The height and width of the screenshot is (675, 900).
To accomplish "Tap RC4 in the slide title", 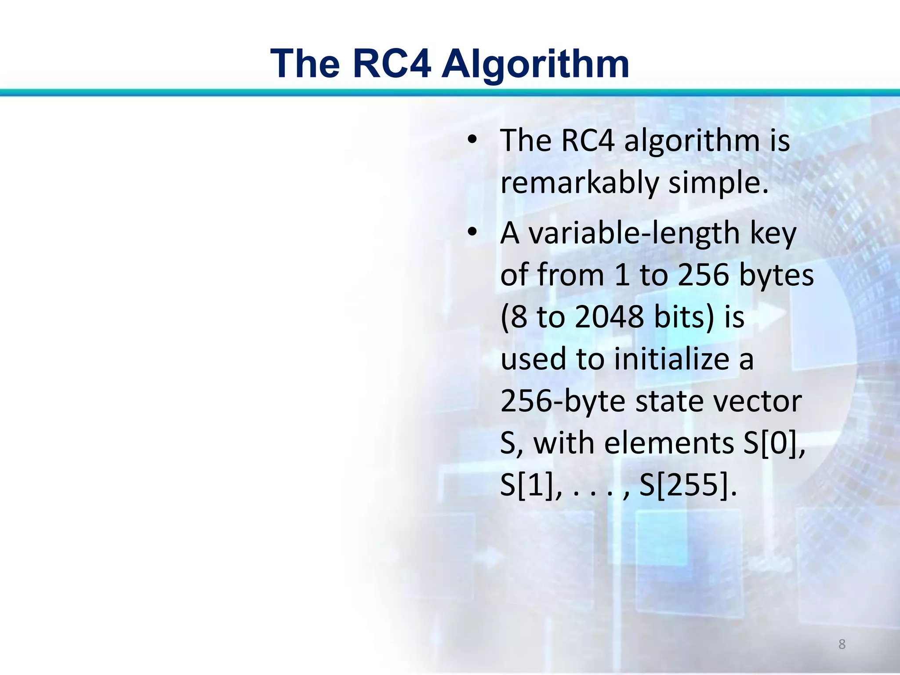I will pyautogui.click(x=392, y=64).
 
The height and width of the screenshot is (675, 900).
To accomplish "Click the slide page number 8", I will pyautogui.click(x=842, y=644).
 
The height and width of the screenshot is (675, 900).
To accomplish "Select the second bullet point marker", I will pyautogui.click(x=472, y=232).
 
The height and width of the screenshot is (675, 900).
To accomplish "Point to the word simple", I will pyautogui.click(x=719, y=183).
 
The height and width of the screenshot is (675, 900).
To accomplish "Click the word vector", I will pyautogui.click(x=758, y=402).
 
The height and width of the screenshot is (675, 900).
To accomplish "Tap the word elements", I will pyautogui.click(x=668, y=443).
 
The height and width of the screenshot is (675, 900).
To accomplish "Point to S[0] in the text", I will pyautogui.click(x=773, y=443).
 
